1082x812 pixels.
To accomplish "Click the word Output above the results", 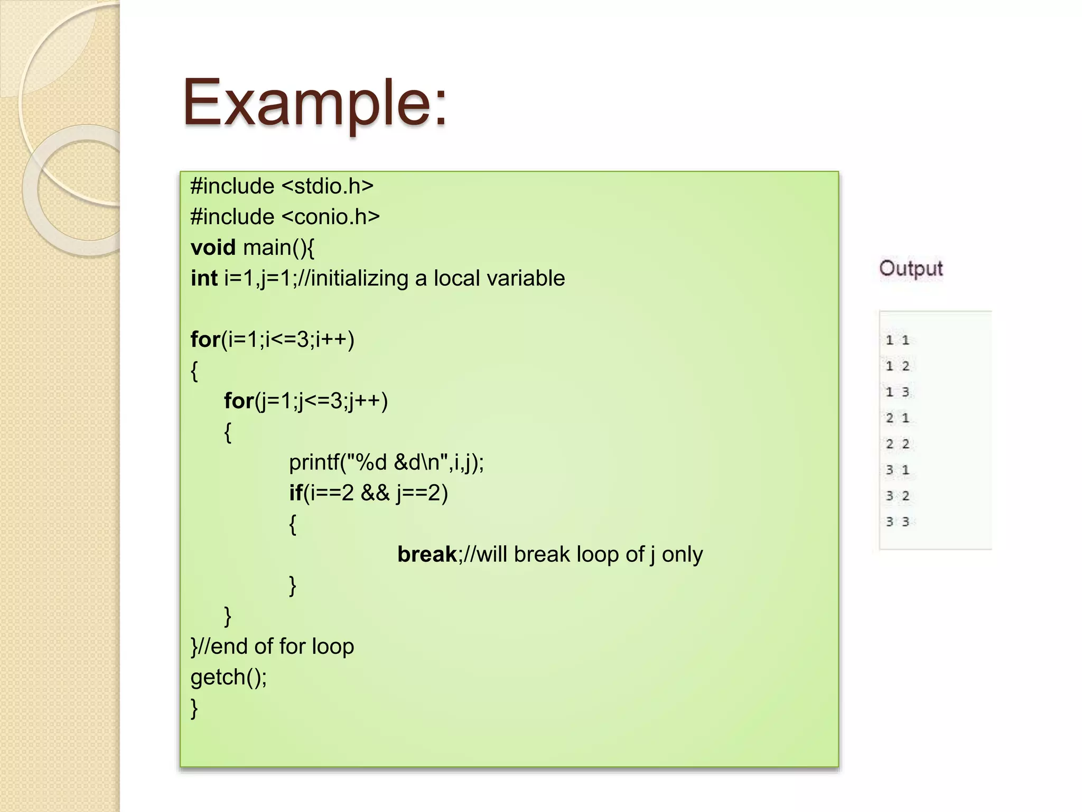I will [x=911, y=269].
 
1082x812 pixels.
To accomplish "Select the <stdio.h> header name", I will [x=328, y=186].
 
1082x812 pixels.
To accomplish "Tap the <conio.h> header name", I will [x=331, y=217].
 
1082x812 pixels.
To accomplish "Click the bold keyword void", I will [x=213, y=247].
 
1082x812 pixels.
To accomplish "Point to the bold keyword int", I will [x=204, y=278].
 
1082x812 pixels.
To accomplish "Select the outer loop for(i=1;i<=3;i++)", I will [x=273, y=339].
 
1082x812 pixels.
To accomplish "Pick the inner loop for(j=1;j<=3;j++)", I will [x=306, y=401].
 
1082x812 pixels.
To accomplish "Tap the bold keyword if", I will [x=295, y=493].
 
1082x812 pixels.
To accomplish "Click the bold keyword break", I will [x=427, y=554].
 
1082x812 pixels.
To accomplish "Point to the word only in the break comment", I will [x=682, y=554].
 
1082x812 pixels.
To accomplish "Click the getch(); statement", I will [x=229, y=677].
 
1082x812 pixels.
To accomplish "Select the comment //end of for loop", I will [x=275, y=646].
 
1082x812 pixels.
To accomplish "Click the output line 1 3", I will [x=898, y=392].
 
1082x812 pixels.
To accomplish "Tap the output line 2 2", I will [x=898, y=444].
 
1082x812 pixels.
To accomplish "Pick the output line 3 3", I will [x=898, y=522].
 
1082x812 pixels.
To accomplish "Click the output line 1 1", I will [x=898, y=340].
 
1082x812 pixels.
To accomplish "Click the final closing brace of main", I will [x=194, y=707].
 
